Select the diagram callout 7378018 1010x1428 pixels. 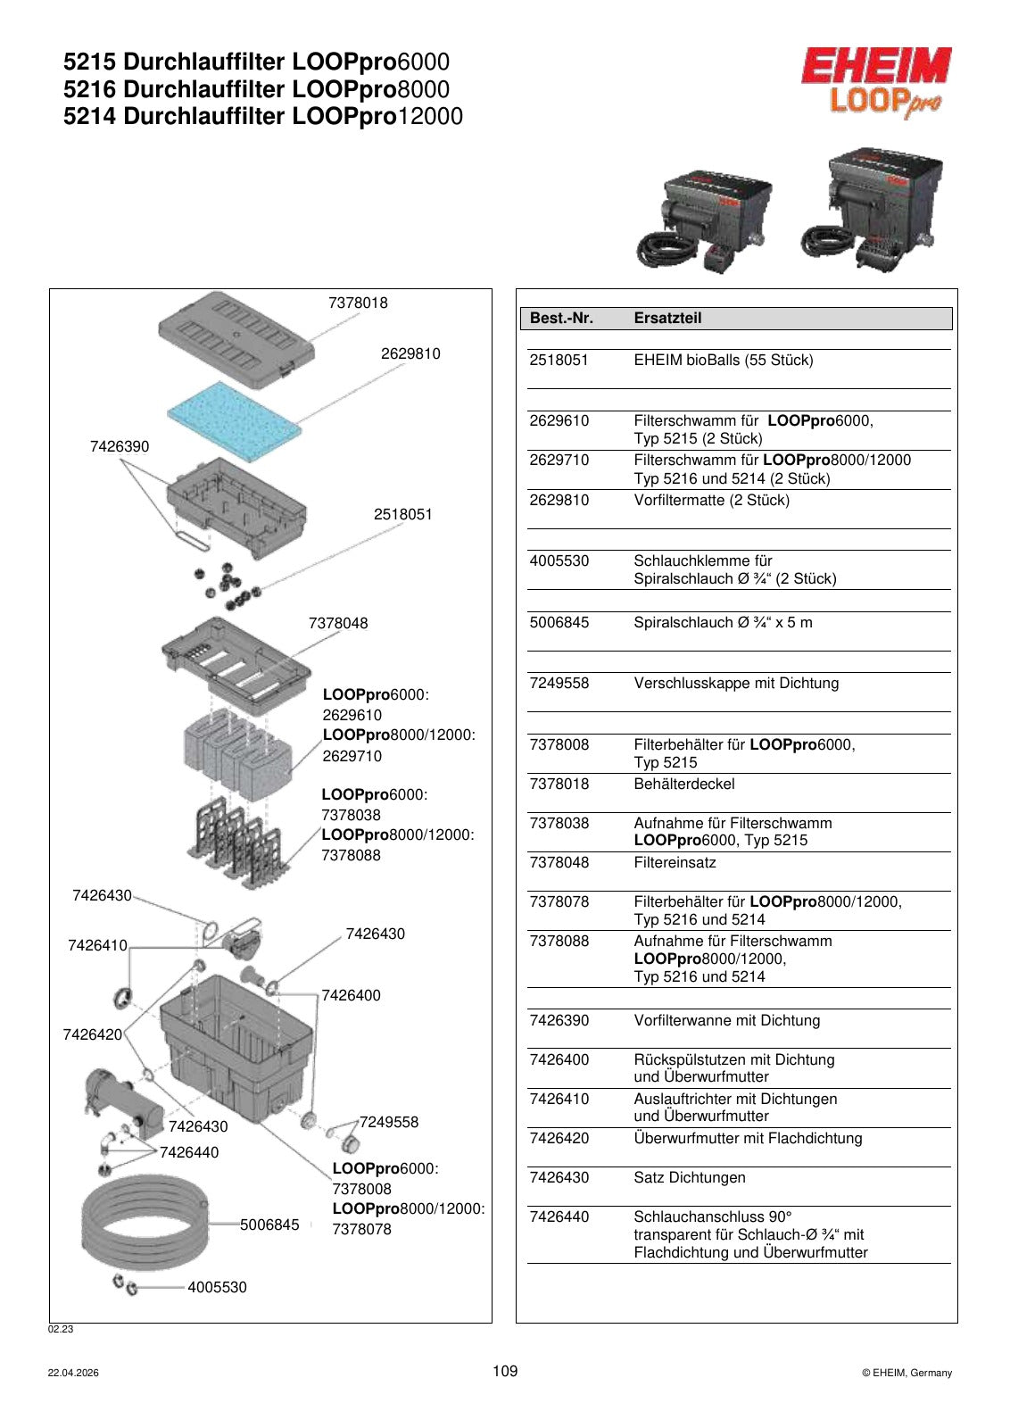tap(358, 303)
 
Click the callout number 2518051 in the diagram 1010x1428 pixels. tap(402, 514)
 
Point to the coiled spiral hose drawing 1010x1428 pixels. tap(145, 1225)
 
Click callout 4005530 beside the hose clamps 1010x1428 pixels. tap(217, 1287)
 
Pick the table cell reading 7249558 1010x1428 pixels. tap(559, 684)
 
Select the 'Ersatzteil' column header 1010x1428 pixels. tap(667, 318)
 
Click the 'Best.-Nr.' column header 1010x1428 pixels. tap(561, 318)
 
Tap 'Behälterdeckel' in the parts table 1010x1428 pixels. tap(683, 785)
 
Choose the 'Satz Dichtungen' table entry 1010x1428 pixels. tap(690, 1177)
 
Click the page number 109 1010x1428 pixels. tap(505, 1371)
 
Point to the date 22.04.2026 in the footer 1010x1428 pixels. tap(73, 1374)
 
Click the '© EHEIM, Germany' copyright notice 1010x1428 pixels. tap(907, 1374)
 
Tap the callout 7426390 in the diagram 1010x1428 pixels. tap(120, 446)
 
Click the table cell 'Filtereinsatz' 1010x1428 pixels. tap(675, 862)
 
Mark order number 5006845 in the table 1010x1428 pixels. tap(559, 623)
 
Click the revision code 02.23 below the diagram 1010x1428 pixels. tap(61, 1329)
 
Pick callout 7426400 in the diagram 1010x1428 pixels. tap(351, 996)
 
